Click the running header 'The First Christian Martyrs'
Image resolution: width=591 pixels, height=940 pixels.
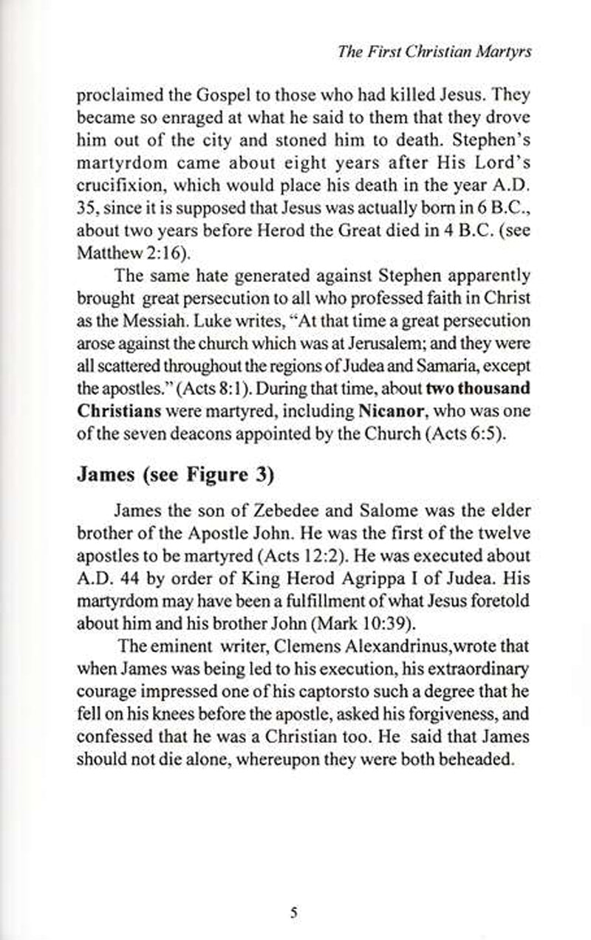(434, 52)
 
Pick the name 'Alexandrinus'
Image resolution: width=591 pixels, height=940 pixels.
(389, 645)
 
